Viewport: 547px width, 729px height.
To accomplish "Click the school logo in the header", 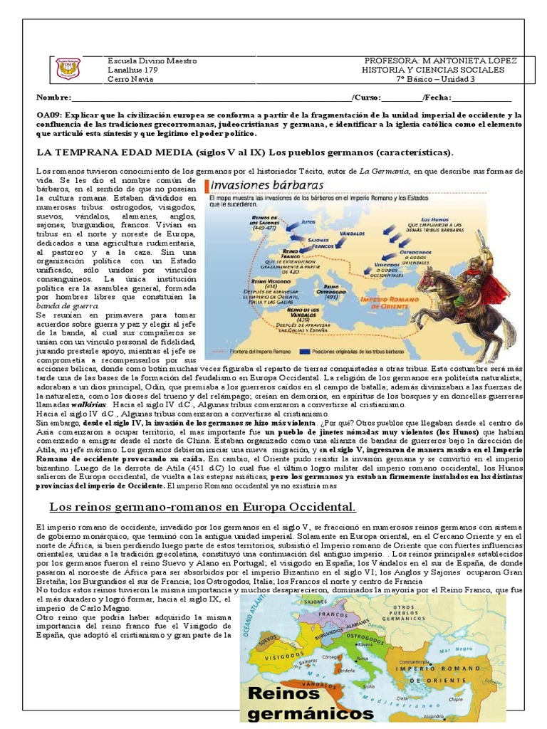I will pos(68,69).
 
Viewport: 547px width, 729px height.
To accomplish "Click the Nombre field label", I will pos(54,98).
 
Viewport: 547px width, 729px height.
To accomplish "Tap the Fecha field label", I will pos(435,98).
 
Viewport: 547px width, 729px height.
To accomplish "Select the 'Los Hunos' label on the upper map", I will pos(436,219).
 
